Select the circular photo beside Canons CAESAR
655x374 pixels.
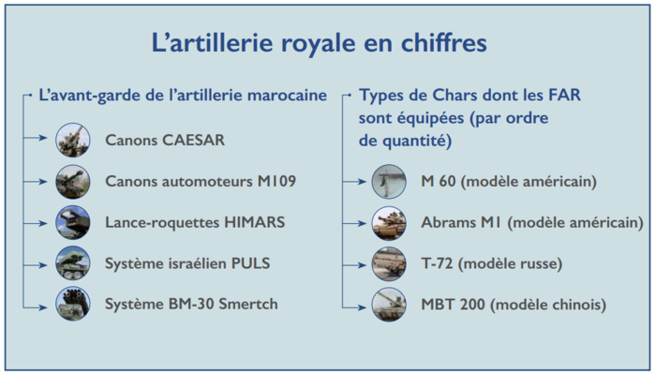coord(72,141)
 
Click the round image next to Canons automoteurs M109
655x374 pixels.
coord(72,181)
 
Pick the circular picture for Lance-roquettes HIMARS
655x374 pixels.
coord(72,222)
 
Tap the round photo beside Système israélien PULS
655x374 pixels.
coord(72,263)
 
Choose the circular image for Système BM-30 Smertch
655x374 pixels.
coord(72,304)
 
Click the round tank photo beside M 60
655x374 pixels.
coord(389,181)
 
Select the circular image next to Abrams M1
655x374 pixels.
coord(389,222)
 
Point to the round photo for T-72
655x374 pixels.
coord(389,263)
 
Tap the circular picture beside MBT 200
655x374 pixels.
coord(389,304)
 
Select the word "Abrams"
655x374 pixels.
coord(449,222)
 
